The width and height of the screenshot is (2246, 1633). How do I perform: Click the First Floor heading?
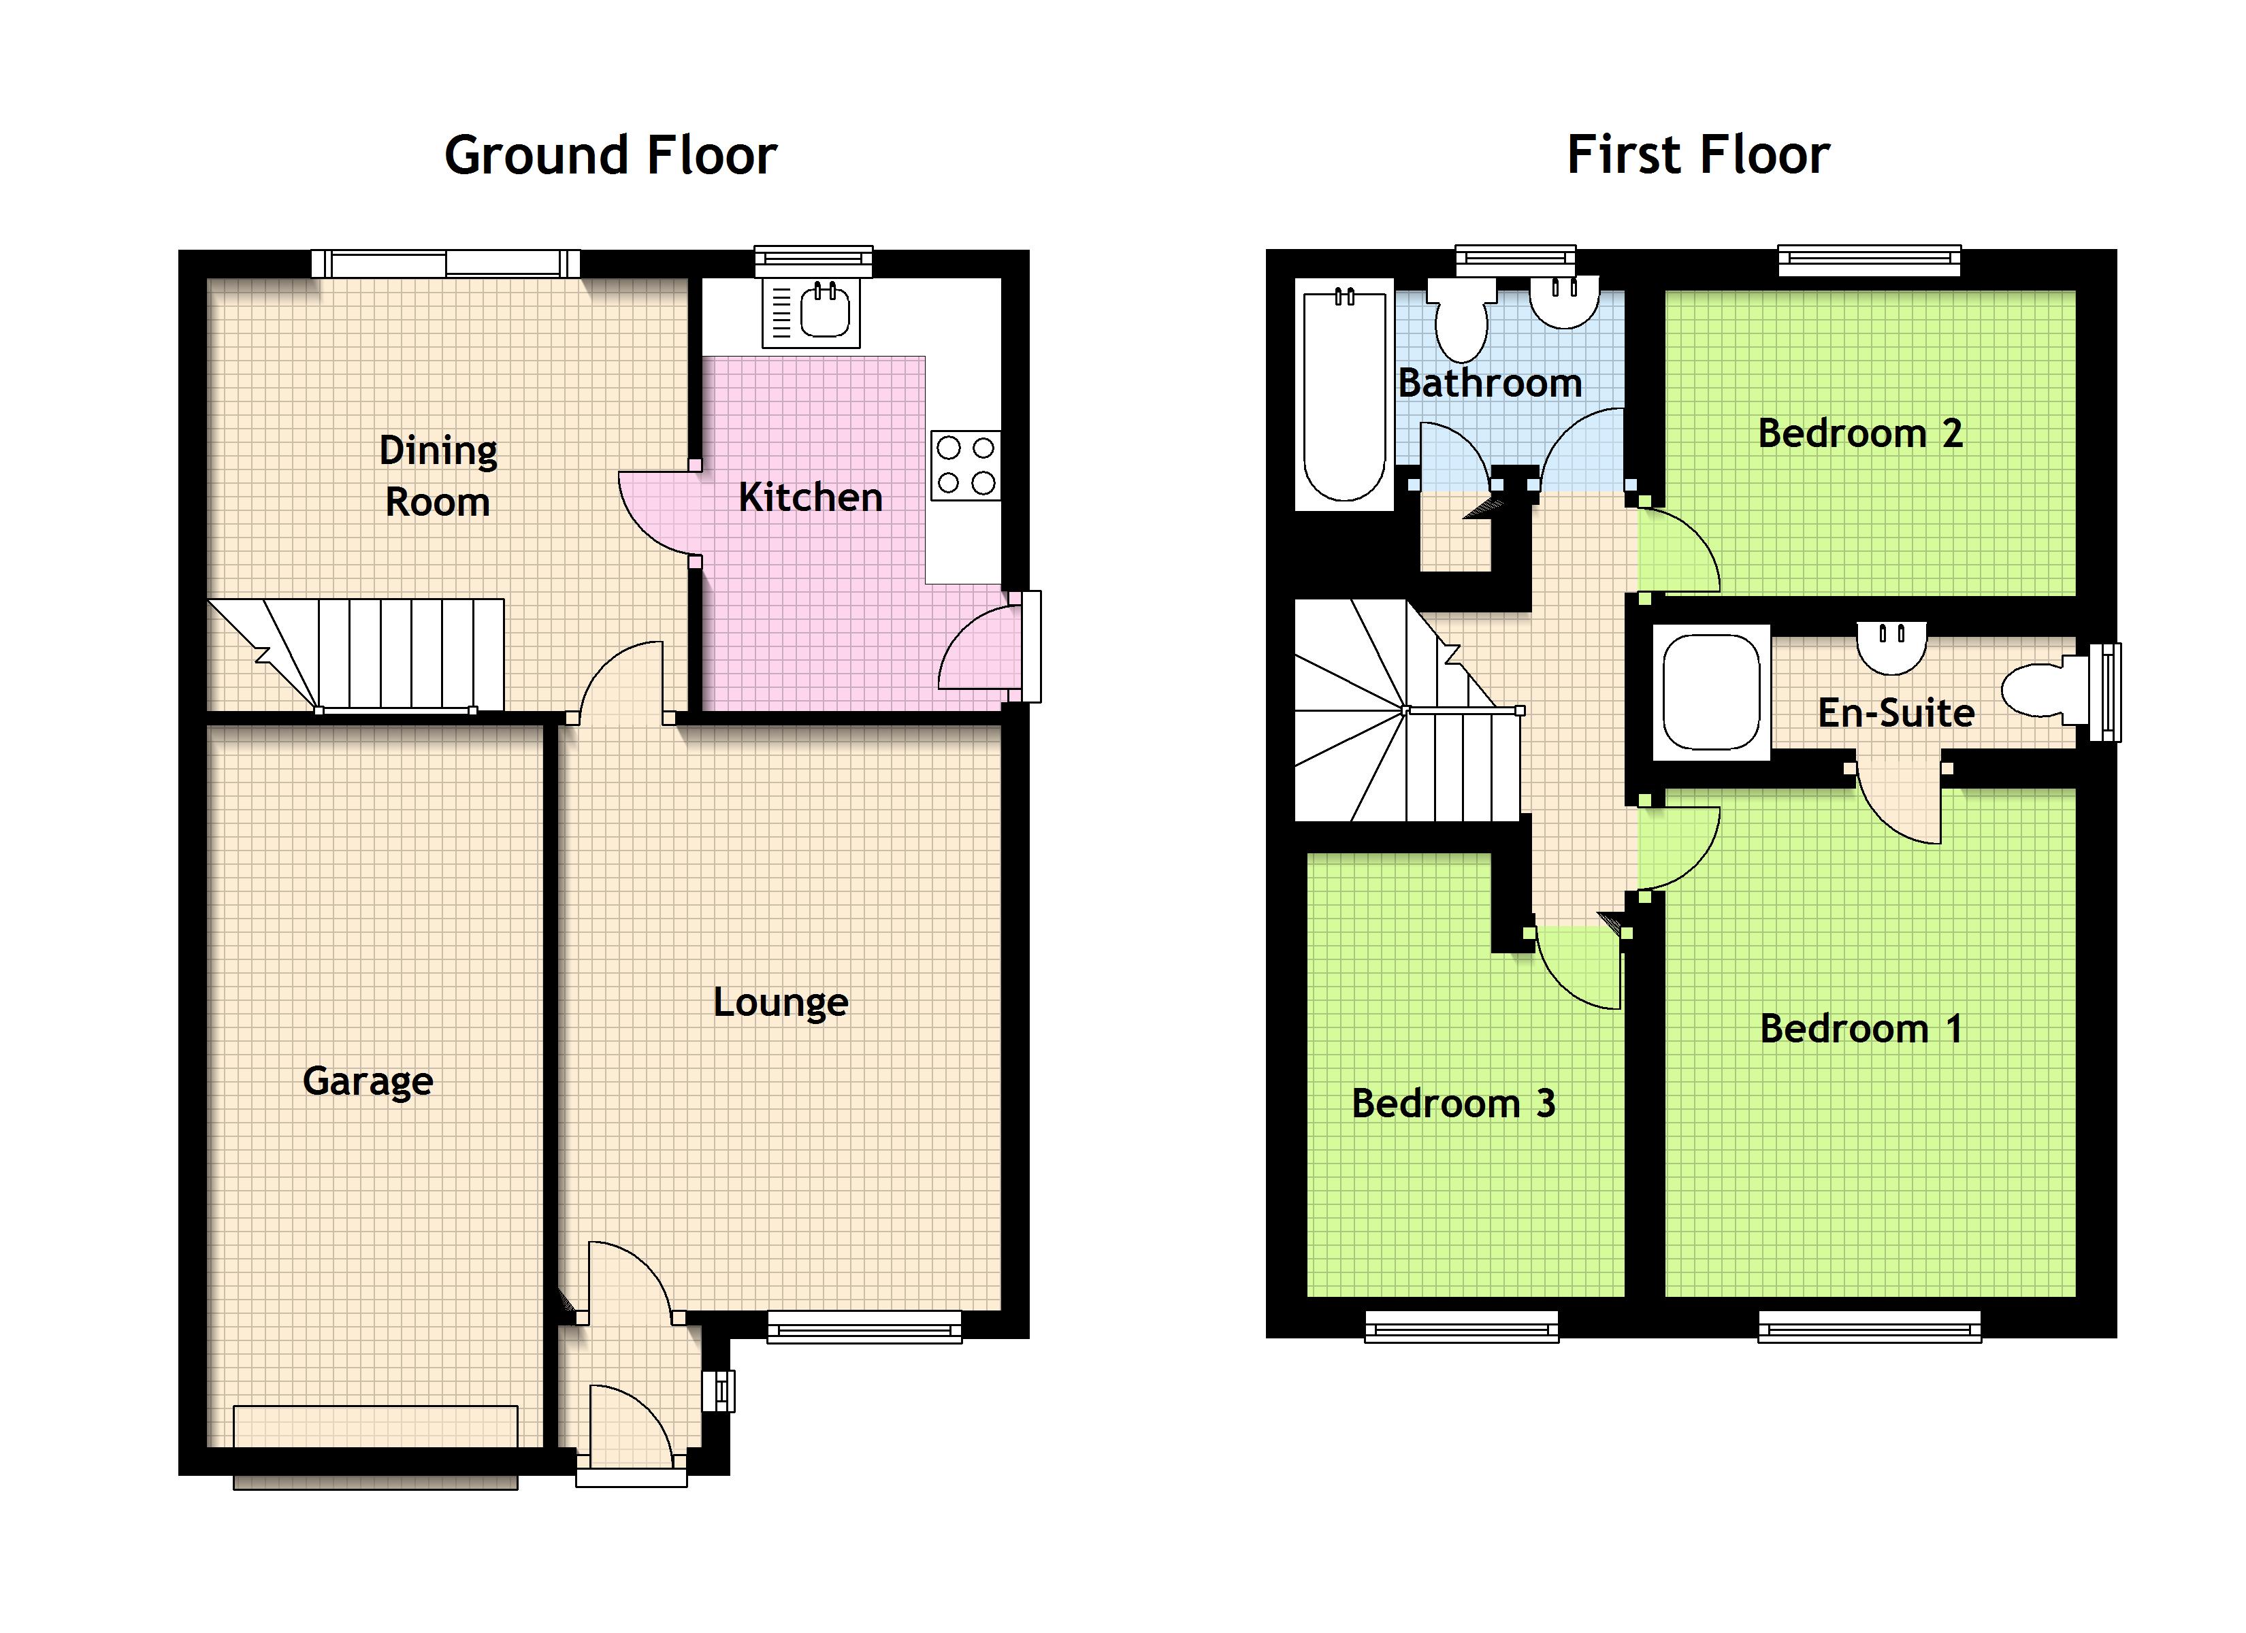tap(1697, 156)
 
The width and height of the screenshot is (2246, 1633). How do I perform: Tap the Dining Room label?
tap(438, 476)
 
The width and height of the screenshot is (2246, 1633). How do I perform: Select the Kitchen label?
tap(810, 497)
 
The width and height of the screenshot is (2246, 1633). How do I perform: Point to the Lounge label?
tap(781, 1003)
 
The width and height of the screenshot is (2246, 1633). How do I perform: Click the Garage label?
tap(368, 1081)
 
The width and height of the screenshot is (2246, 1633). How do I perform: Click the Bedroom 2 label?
tap(1860, 433)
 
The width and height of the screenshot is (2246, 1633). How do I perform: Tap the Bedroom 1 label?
tap(1861, 1029)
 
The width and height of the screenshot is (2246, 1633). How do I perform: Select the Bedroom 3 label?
tap(1453, 1103)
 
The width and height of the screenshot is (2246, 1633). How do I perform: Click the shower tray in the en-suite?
tap(1711, 692)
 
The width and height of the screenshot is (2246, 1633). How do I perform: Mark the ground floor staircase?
tap(357, 655)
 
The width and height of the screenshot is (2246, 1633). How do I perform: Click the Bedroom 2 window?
tap(1870, 261)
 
